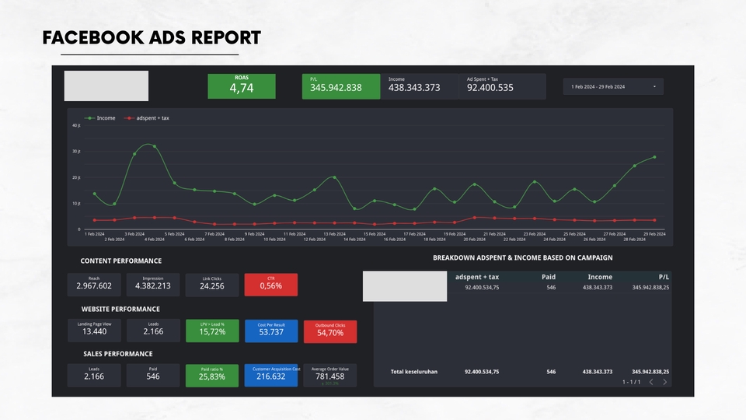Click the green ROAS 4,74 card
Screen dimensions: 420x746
[x=241, y=86]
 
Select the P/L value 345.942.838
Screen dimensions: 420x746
[x=336, y=88]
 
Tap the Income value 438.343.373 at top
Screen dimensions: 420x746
[x=414, y=88]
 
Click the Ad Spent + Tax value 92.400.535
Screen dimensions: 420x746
[x=490, y=88]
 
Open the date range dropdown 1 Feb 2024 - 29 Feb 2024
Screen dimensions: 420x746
[x=613, y=86]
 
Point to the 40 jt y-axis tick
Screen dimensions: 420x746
[x=76, y=125]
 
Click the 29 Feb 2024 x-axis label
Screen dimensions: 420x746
[x=655, y=233]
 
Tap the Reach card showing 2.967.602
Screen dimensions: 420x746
[x=94, y=285]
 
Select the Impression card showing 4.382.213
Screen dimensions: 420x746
[x=153, y=285]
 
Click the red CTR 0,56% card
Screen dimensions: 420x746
[x=270, y=285]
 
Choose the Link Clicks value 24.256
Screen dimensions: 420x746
[x=212, y=286]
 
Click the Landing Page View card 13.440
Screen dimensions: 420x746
[x=94, y=331]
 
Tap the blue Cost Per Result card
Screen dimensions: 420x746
[x=270, y=331]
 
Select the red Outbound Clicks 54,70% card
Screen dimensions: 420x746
[x=330, y=331]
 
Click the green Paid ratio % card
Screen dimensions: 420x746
[x=212, y=376]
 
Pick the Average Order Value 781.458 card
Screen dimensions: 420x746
[x=330, y=376]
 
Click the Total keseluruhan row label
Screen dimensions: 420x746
[x=413, y=372]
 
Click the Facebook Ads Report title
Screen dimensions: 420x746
[x=152, y=38]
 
